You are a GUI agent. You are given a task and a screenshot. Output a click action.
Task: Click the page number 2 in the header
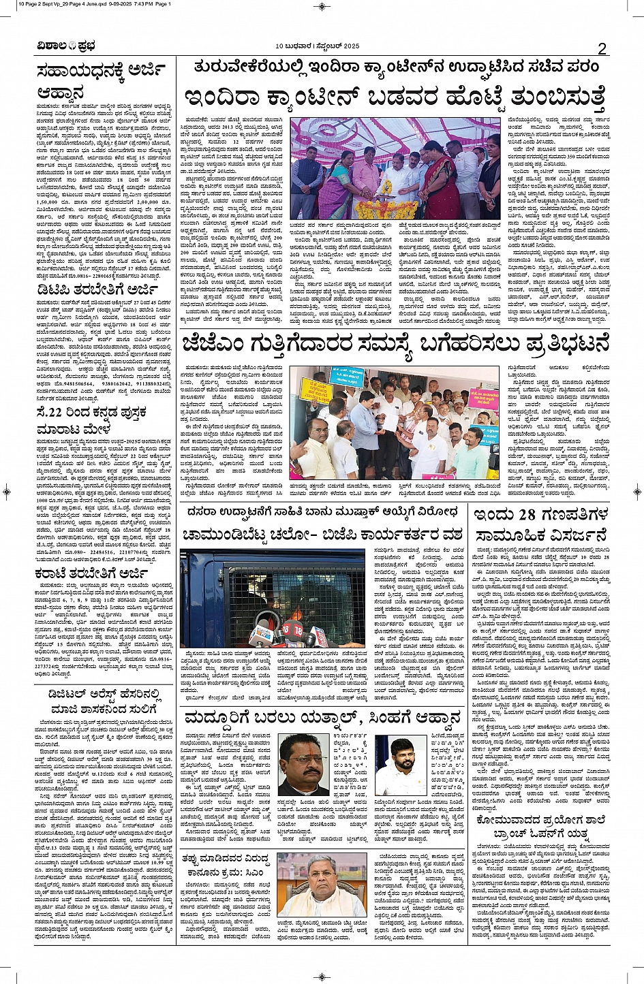point(602,48)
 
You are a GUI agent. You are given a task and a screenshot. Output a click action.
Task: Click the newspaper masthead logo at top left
point(58,47)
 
